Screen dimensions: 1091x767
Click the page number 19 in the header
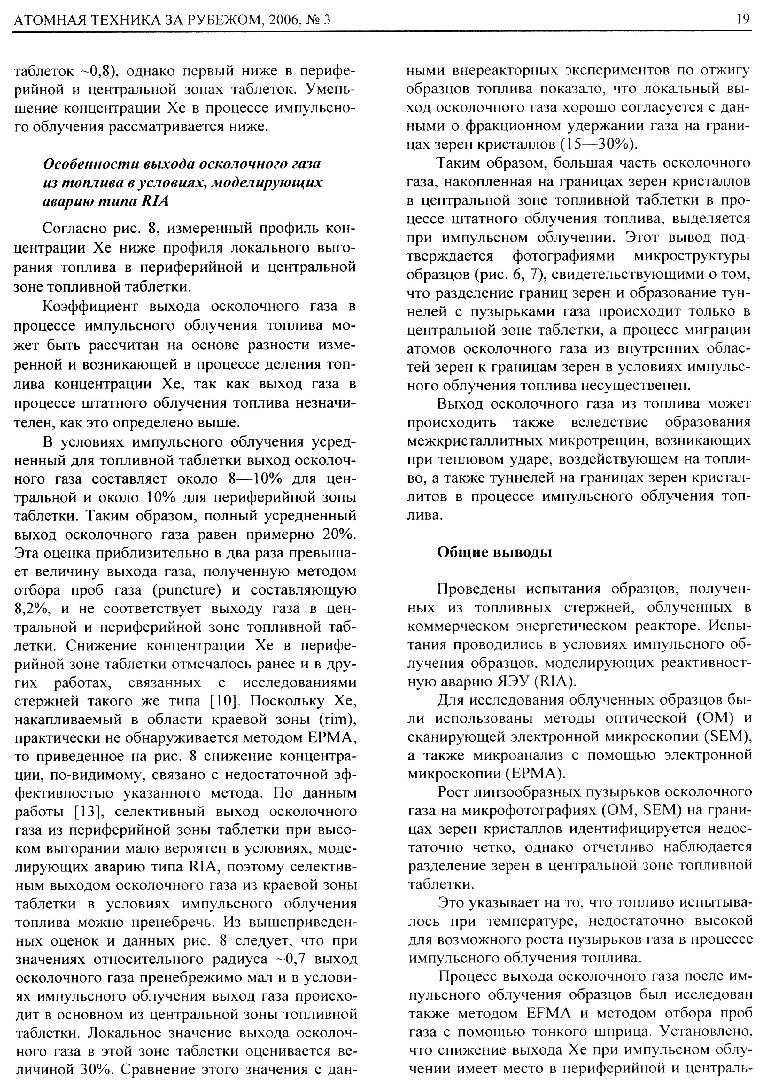click(x=743, y=19)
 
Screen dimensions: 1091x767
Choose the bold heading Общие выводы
click(x=494, y=553)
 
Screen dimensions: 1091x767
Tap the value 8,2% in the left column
click(x=32, y=609)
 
